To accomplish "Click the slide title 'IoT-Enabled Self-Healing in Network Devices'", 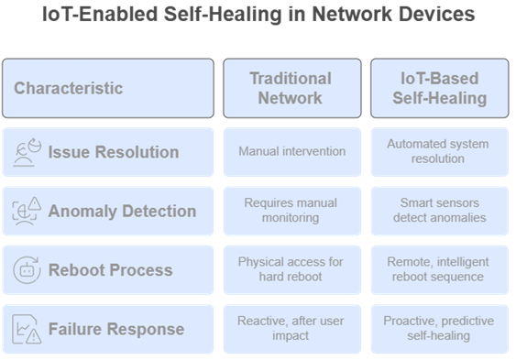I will pyautogui.click(x=258, y=15).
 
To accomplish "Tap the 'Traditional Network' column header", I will pyautogui.click(x=291, y=88).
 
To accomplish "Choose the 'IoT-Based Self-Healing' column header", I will pyautogui.click(x=438, y=88).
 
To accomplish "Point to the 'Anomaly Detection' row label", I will pyautogui.click(x=122, y=211).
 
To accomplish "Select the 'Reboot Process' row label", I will pyautogui.click(x=110, y=270).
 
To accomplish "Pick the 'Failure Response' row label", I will pyautogui.click(x=115, y=329).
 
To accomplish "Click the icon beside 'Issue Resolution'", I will pyautogui.click(x=27, y=152).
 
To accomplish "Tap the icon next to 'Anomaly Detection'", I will pyautogui.click(x=27, y=211).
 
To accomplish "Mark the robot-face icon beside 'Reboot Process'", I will pyautogui.click(x=27, y=270).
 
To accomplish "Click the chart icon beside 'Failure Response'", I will pyautogui.click(x=27, y=329).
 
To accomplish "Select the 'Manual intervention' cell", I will pyautogui.click(x=291, y=152).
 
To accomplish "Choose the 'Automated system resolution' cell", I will pyautogui.click(x=438, y=152).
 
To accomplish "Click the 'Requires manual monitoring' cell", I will pyautogui.click(x=291, y=211).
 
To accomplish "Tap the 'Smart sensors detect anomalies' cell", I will pyautogui.click(x=438, y=211).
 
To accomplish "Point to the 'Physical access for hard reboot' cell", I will pyautogui.click(x=291, y=269).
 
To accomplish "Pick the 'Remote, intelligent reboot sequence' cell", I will pyautogui.click(x=438, y=269).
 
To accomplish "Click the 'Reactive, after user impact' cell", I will pyautogui.click(x=291, y=329).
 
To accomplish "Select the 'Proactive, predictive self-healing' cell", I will pyautogui.click(x=438, y=329).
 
